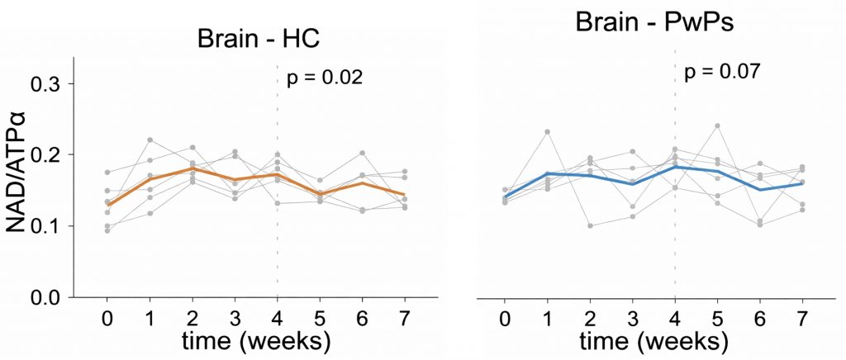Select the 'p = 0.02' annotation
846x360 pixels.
click(x=325, y=78)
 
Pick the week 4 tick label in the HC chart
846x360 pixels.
click(x=277, y=317)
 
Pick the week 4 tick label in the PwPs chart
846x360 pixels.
click(x=675, y=317)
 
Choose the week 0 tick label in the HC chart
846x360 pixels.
click(x=107, y=317)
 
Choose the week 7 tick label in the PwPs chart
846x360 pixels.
click(x=802, y=317)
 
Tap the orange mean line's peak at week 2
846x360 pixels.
click(x=192, y=168)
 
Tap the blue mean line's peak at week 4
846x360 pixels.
click(x=675, y=167)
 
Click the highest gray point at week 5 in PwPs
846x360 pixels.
click(x=717, y=126)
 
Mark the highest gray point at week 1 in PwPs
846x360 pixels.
click(x=547, y=132)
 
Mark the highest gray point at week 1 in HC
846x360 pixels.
click(x=150, y=140)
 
